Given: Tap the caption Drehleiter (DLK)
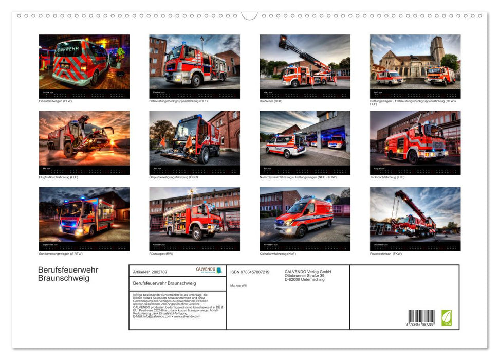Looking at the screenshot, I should tap(271, 101).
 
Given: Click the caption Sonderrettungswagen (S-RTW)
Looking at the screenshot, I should tap(61, 254).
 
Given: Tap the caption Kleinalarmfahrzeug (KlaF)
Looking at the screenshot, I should tap(278, 254).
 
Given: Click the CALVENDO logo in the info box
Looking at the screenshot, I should tap(209, 270).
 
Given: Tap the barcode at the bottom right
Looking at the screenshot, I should tap(421, 317).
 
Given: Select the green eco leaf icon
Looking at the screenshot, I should tap(447, 317).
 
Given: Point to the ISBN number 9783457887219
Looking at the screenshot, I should tap(250, 272).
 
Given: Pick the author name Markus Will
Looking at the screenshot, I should tap(238, 285).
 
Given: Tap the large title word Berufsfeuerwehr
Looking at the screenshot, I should tap(68, 269).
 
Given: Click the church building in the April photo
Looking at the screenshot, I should tap(411, 62).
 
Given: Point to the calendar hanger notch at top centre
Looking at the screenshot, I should tap(249, 16).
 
